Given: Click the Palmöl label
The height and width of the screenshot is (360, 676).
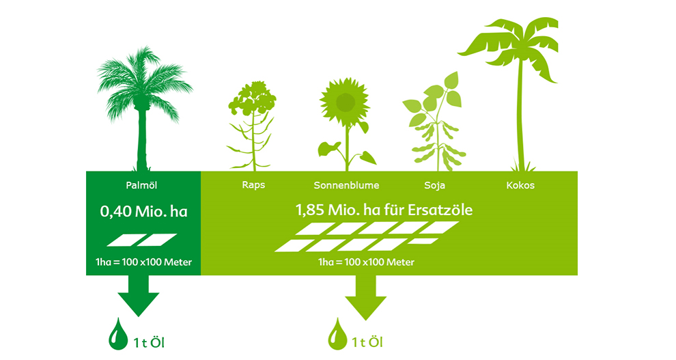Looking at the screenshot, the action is (x=141, y=185).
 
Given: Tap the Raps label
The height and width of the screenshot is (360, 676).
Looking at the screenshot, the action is (x=253, y=185).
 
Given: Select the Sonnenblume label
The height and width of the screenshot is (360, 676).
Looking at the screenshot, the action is (x=346, y=185).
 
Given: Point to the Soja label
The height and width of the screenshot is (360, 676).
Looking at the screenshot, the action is (x=434, y=185).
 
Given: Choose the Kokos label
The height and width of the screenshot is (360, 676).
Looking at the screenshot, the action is (x=520, y=185).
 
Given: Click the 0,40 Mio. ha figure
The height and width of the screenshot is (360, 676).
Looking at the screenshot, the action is (x=143, y=211).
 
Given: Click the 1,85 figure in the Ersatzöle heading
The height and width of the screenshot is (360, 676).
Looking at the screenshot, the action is (x=310, y=210).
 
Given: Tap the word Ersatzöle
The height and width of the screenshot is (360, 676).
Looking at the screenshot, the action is (x=440, y=210).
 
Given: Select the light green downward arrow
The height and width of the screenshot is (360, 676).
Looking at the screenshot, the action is (x=365, y=297).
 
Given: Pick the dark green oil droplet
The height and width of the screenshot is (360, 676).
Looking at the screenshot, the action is (x=117, y=335).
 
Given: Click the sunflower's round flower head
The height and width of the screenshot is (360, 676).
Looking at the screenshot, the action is (x=344, y=102).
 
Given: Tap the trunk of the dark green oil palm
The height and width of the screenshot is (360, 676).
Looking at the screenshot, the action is (x=142, y=138).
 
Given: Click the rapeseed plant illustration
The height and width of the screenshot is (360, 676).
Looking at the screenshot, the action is (x=252, y=126).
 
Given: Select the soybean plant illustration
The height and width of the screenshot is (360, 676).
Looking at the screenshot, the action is (x=434, y=122).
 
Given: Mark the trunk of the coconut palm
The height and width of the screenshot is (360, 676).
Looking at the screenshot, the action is (x=521, y=116).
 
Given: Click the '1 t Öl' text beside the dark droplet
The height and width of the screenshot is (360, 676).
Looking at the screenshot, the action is (x=149, y=343).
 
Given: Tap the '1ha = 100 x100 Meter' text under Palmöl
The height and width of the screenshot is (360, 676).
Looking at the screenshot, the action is (x=143, y=262).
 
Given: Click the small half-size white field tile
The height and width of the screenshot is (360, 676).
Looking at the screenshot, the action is (x=423, y=241).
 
